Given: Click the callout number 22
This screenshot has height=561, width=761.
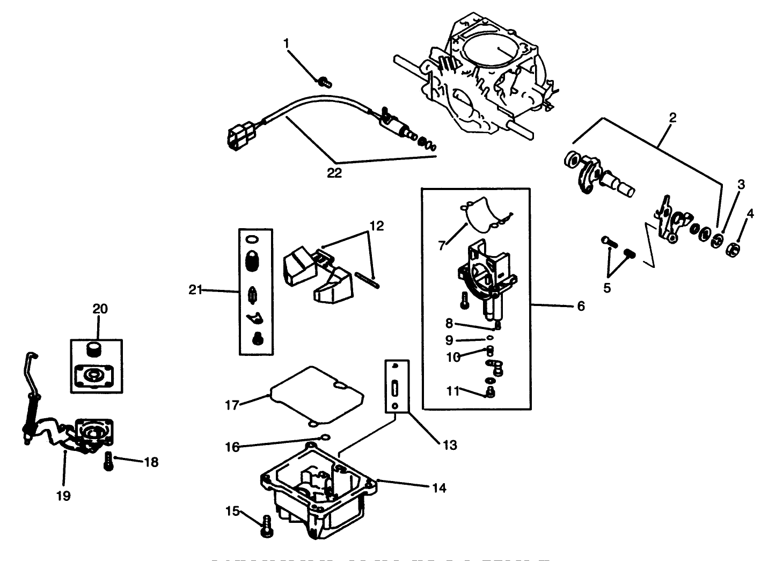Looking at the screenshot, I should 334,173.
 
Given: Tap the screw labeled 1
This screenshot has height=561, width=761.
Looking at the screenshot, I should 324,82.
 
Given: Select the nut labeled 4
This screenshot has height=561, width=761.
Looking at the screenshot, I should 734,250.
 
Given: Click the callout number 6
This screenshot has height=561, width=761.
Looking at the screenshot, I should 581,306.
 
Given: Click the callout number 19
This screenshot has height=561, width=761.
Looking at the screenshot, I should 63,496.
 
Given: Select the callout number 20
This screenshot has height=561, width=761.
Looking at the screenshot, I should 100,309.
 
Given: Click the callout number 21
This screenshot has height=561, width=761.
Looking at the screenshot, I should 195,290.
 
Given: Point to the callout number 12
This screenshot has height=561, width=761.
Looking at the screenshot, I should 377,226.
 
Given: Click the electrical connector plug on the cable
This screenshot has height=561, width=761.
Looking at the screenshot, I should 236,136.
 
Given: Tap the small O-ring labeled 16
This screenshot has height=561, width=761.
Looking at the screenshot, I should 324,436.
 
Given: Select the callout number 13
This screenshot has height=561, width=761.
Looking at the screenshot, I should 450,445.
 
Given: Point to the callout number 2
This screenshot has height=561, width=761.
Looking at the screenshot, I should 672,118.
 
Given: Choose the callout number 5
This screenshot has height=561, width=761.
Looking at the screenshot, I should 607,288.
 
